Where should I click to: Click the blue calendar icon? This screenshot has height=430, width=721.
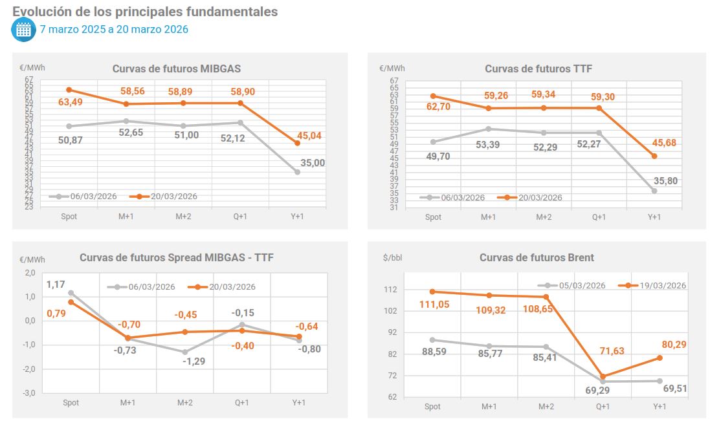click(x=23, y=29)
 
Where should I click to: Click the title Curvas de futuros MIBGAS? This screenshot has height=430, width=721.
click(x=177, y=69)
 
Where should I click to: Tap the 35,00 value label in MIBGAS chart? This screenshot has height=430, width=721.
click(x=313, y=163)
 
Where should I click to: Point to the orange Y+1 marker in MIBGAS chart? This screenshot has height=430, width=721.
click(x=297, y=143)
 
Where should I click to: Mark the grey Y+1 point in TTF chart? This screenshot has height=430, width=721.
click(x=654, y=191)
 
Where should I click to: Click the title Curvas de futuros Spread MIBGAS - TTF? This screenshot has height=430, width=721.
click(x=177, y=257)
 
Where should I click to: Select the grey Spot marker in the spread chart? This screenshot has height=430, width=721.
click(x=71, y=293)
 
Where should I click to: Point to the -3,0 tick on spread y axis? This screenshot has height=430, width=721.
click(x=30, y=392)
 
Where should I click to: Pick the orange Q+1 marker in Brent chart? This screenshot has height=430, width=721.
click(x=603, y=376)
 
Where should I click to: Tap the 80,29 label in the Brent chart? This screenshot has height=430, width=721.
click(x=674, y=345)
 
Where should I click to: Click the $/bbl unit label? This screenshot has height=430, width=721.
click(x=393, y=257)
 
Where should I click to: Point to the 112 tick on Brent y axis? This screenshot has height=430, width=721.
click(x=390, y=289)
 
